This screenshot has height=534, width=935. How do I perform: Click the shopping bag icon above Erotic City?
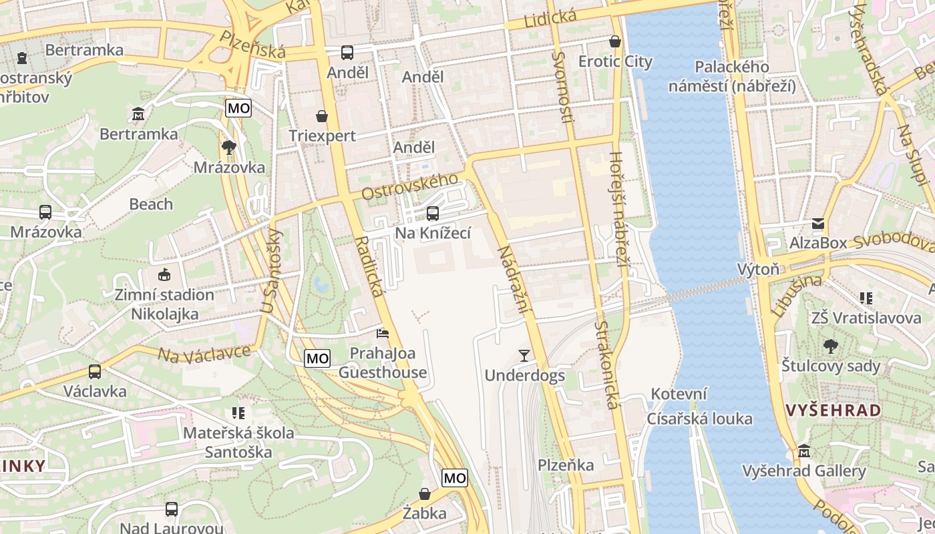[x=615, y=41]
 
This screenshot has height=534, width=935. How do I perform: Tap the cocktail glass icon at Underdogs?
[x=524, y=355]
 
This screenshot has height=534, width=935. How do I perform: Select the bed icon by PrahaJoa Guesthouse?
[x=383, y=332]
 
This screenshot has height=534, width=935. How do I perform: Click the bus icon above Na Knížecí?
[x=433, y=214]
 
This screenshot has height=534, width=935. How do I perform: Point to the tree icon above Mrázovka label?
[x=229, y=147]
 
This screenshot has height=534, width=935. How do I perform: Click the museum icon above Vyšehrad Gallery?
[x=804, y=451]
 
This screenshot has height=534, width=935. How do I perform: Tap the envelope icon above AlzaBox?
[x=818, y=224]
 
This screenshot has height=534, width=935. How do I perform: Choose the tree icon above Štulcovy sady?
[x=831, y=346]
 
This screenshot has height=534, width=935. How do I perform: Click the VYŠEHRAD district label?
[x=833, y=411]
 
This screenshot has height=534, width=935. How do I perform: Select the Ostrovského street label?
[x=410, y=186]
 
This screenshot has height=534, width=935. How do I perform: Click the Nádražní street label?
[x=513, y=280]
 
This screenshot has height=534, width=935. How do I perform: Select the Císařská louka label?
[x=699, y=419]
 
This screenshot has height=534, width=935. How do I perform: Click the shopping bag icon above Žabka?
[x=425, y=494]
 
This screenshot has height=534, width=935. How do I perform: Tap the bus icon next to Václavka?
[x=95, y=372]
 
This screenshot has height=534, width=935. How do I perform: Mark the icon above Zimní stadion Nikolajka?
[x=164, y=274]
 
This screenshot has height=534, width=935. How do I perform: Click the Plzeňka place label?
[x=566, y=465]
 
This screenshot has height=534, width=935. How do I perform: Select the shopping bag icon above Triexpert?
[x=322, y=116]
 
